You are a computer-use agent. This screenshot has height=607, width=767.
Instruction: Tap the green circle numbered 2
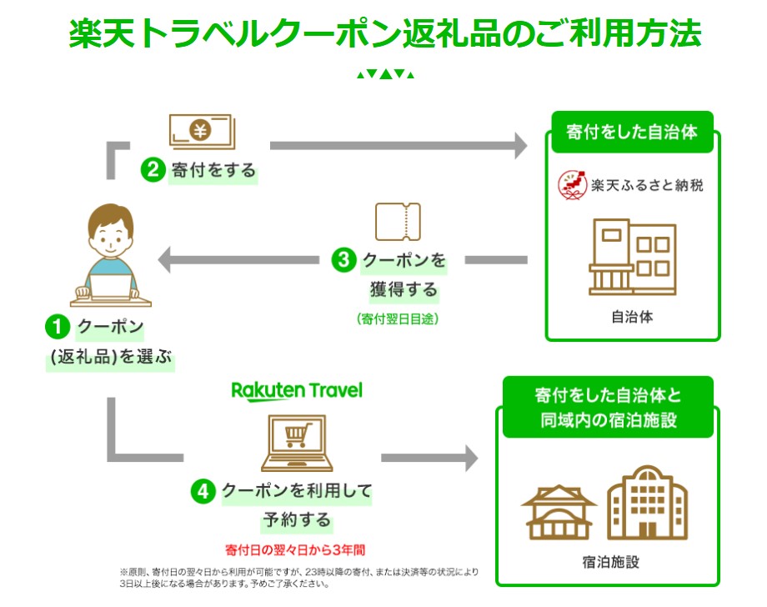tap(152, 171)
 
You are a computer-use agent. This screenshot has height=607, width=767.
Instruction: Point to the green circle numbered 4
tap(205, 491)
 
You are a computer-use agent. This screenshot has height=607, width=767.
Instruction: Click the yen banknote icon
tap(201, 131)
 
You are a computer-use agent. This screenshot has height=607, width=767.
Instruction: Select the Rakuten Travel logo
tap(297, 390)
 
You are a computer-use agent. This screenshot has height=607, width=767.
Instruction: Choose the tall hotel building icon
tap(646, 501)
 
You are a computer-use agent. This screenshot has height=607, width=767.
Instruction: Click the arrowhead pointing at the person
tap(165, 260)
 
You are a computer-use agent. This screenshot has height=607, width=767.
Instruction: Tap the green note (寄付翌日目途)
tap(397, 319)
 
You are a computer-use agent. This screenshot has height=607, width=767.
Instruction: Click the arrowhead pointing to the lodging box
tap(470, 458)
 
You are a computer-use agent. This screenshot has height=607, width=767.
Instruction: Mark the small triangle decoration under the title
tap(384, 74)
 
